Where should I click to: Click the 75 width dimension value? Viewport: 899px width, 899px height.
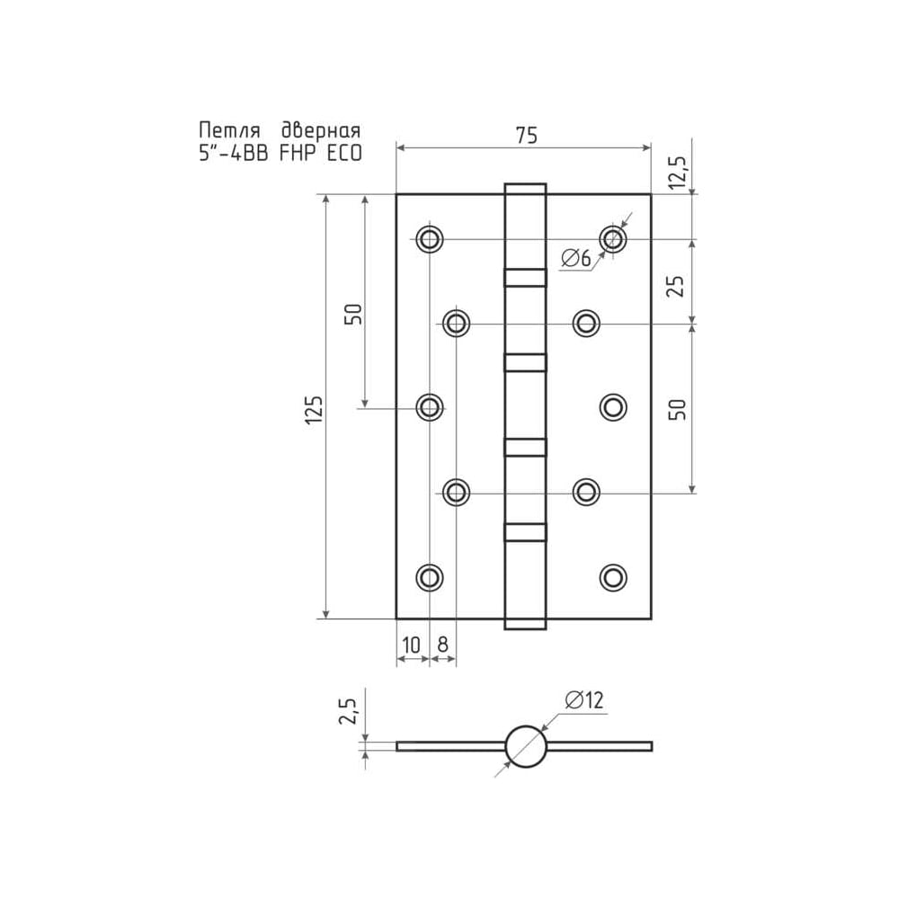[x=526, y=136]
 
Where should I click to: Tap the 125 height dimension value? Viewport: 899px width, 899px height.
[x=314, y=409]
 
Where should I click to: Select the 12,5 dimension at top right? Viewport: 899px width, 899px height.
[x=677, y=172]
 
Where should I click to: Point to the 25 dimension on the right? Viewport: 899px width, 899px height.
[x=677, y=285]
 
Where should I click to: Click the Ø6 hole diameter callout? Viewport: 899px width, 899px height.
[x=575, y=259]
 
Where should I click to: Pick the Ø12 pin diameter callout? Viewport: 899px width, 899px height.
[x=584, y=700]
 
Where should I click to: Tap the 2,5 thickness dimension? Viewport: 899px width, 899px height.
[x=347, y=711]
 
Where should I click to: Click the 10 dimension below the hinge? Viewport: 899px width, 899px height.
[x=411, y=645]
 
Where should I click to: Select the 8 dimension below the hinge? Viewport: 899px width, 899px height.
[x=442, y=645]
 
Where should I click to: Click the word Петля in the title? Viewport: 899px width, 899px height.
[x=229, y=130]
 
